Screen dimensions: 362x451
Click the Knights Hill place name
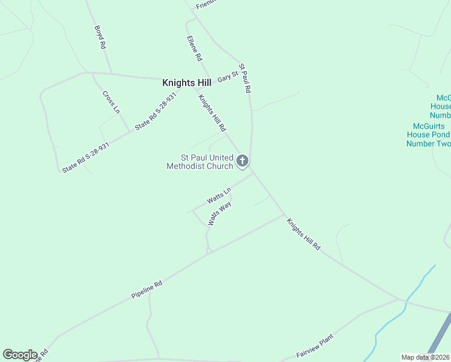(186, 83)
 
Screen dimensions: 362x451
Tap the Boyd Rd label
(100, 37)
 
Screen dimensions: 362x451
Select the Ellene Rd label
(194, 48)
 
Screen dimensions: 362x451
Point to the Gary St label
(228, 77)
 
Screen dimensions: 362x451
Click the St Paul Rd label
(244, 78)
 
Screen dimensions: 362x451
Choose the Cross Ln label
(111, 102)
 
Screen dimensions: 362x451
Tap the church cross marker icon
(242, 160)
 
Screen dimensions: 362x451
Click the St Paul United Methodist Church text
(200, 162)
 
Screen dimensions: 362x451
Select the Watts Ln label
(218, 195)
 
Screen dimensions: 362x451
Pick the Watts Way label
(219, 214)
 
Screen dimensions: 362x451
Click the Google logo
(20, 355)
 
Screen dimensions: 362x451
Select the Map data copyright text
(426, 357)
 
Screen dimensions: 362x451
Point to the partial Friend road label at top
(205, 5)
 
